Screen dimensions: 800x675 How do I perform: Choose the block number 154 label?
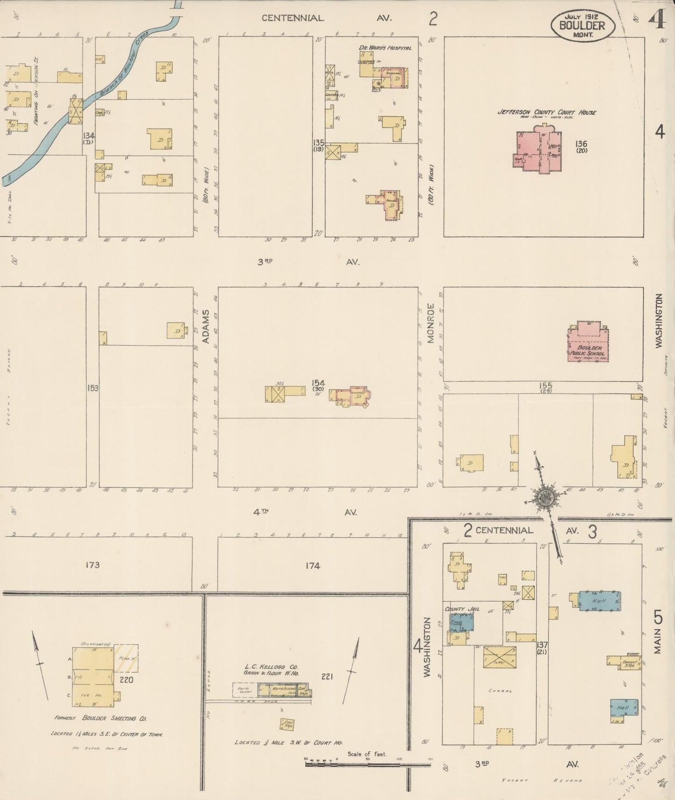click(319, 384)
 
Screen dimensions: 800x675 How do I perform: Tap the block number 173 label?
click(92, 565)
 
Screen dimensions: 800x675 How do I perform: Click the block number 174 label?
click(313, 566)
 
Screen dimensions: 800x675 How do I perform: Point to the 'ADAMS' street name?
click(206, 327)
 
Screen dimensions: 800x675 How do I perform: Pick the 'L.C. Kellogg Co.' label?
click(270, 667)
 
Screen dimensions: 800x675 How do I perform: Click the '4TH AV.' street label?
click(304, 512)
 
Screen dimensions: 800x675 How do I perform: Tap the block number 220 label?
click(126, 680)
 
